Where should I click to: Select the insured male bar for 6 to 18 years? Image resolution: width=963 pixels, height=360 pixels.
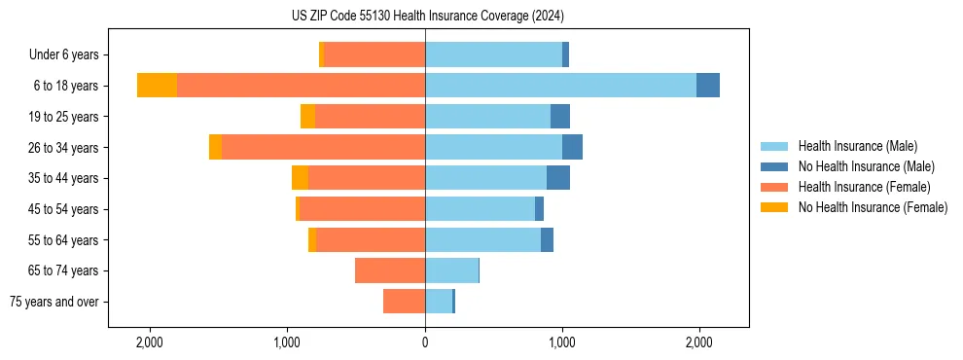(x=560, y=86)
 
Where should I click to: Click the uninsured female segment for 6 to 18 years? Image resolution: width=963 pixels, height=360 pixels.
(x=157, y=86)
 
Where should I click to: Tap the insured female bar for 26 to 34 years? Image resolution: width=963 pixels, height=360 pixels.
(x=323, y=147)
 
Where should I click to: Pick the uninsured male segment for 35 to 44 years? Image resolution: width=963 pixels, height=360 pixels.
(x=558, y=178)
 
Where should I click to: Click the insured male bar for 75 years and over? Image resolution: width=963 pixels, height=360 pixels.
(x=439, y=302)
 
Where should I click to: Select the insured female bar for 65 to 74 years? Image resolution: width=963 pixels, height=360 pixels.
(x=390, y=270)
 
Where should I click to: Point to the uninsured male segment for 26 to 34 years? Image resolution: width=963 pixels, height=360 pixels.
(x=572, y=147)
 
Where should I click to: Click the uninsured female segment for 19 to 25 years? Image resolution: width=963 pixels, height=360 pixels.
(x=307, y=117)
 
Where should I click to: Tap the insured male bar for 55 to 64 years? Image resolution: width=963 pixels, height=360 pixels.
(x=482, y=239)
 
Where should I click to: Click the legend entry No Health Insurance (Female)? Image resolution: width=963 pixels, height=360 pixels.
(x=873, y=207)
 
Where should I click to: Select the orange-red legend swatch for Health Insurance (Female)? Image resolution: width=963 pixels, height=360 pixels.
(x=774, y=187)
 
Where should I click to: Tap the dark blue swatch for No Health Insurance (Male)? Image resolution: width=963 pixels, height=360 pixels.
(x=774, y=166)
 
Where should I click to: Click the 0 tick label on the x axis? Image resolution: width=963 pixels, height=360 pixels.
(x=425, y=342)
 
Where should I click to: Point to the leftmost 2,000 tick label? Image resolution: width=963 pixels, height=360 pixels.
(x=150, y=342)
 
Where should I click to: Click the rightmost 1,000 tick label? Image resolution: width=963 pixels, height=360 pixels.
(x=562, y=342)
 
